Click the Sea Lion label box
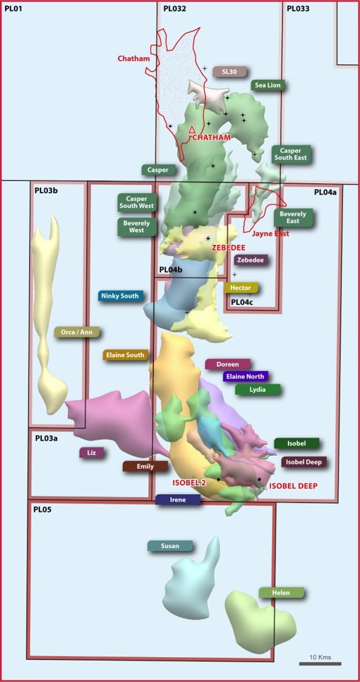click(x=268, y=85)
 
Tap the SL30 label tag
click(x=229, y=72)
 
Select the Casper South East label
click(x=291, y=154)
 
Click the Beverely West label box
click(x=136, y=227)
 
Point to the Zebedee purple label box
click(x=250, y=260)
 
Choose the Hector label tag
click(x=241, y=287)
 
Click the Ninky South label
click(x=121, y=296)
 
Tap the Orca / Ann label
click(x=77, y=332)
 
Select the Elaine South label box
click(x=125, y=355)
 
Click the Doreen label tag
click(x=227, y=364)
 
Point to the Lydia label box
click(x=258, y=390)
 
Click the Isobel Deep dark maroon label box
click(x=304, y=462)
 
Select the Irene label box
click(x=178, y=500)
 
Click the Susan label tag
click(x=170, y=546)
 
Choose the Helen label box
click(x=281, y=592)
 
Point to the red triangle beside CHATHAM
click(x=192, y=130)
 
